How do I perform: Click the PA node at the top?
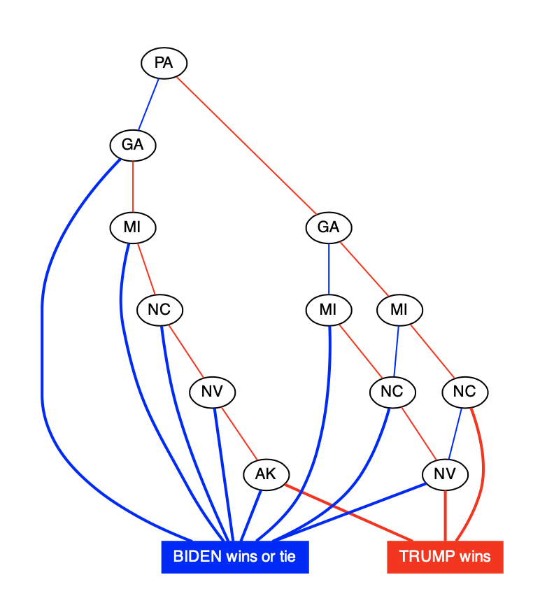[164, 64]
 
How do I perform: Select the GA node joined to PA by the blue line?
[132, 146]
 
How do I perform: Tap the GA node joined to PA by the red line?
[328, 227]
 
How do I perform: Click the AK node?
[265, 474]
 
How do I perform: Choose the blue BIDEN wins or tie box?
[234, 557]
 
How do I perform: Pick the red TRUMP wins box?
[445, 557]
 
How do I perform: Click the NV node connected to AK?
[212, 392]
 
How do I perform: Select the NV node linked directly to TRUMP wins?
[444, 474]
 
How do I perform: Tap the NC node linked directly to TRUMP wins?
[464, 392]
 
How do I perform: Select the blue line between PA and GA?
[148, 104]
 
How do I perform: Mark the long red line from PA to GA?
[246, 146]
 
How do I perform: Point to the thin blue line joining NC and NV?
[455, 433]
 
